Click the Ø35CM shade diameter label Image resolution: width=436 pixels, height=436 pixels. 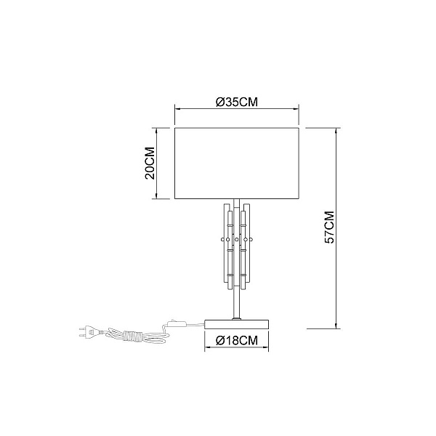[x=237, y=102]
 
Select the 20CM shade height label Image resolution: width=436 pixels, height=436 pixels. [x=150, y=163]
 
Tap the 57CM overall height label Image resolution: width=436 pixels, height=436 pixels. [x=330, y=227]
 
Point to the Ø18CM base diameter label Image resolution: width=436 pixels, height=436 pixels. [x=237, y=340]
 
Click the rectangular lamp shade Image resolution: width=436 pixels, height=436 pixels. [x=237, y=163]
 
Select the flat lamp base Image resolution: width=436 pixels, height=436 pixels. [x=237, y=324]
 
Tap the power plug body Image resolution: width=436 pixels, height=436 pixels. [x=92, y=332]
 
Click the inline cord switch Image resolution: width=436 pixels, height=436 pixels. [x=177, y=323]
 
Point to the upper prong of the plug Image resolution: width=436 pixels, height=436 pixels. [x=83, y=329]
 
